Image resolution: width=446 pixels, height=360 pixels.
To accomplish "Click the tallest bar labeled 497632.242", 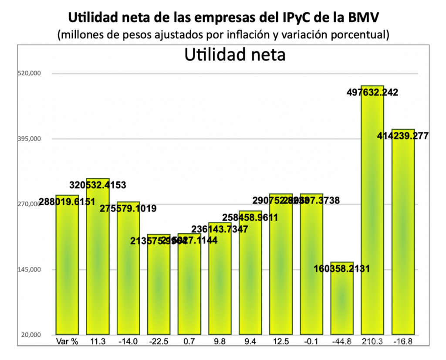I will pyautogui.click(x=372, y=209).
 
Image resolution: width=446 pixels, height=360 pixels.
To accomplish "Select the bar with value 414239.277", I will pyautogui.click(x=403, y=231).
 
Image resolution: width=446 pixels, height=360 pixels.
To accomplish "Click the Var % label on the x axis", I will pyautogui.click(x=68, y=341).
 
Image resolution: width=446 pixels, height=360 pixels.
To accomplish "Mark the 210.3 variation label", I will pyautogui.click(x=372, y=341).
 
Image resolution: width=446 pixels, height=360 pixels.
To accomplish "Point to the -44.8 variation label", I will pyautogui.click(x=342, y=341).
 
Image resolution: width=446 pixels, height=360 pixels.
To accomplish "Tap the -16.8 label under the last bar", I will pyautogui.click(x=403, y=341).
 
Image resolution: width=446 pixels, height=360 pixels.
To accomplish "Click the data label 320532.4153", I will pyautogui.click(x=98, y=185).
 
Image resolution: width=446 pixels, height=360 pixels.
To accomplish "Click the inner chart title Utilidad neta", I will pyautogui.click(x=235, y=55).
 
